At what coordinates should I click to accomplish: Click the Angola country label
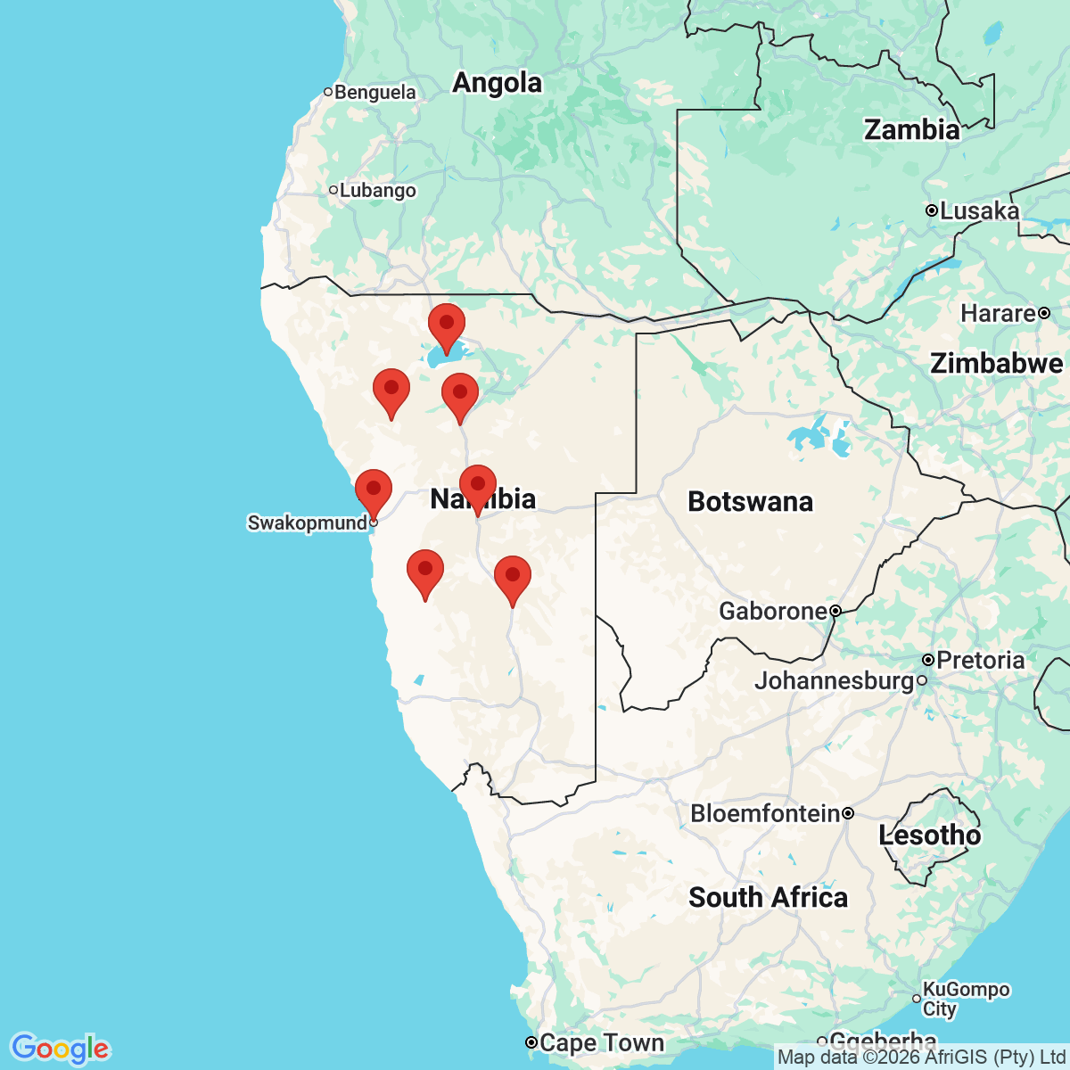(x=497, y=83)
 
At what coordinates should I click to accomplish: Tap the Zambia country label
(x=911, y=130)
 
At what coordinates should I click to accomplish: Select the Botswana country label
(x=750, y=502)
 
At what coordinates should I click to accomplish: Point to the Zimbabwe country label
(x=996, y=364)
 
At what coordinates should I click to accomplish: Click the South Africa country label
(x=768, y=897)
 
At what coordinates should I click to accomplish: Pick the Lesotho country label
(x=929, y=835)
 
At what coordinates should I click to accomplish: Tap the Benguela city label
(x=374, y=93)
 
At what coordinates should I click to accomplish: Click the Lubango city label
(x=377, y=191)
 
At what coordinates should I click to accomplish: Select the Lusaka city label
(x=979, y=211)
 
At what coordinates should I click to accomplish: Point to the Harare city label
(x=998, y=314)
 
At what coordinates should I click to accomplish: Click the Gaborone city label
(x=773, y=612)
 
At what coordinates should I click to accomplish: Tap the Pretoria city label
(x=980, y=661)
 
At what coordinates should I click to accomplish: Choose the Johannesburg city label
(x=835, y=681)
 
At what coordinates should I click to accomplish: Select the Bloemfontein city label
(x=765, y=814)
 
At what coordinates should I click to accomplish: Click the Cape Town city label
(x=602, y=1042)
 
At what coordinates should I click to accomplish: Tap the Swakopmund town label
(x=308, y=523)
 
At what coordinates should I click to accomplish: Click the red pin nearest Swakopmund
(x=374, y=490)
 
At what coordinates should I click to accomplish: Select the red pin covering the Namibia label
(x=477, y=486)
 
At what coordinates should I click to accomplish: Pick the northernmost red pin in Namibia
(x=447, y=325)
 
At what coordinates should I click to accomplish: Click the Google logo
(x=60, y=1049)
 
